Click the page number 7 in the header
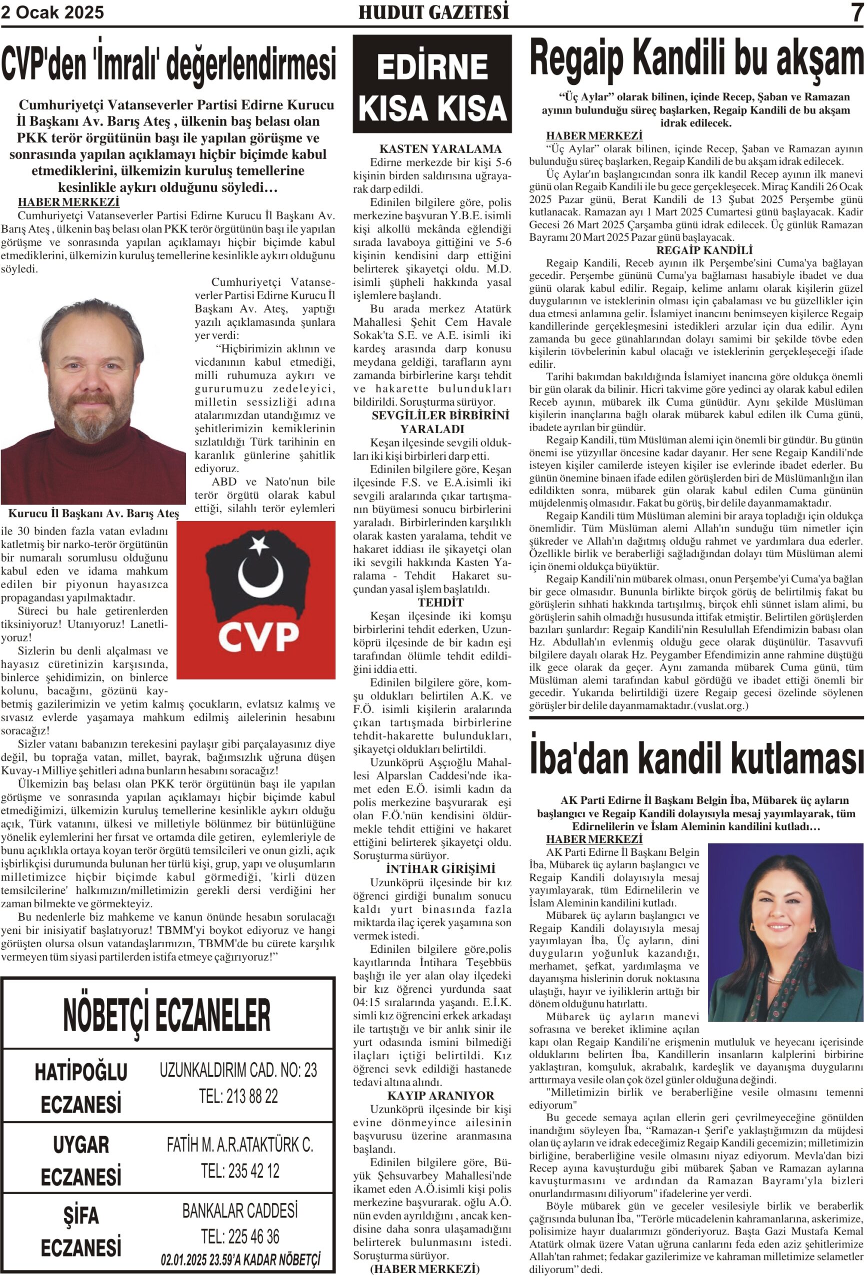click(856, 12)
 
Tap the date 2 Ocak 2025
click(52, 12)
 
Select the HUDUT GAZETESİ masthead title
click(433, 12)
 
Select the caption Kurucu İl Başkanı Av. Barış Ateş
click(93, 514)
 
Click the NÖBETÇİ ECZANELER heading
click(167, 1016)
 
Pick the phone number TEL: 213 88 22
click(238, 1096)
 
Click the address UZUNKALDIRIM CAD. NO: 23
click(238, 1070)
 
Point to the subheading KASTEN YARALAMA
click(440, 148)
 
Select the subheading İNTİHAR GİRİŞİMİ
click(440, 868)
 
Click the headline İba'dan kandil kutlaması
click(696, 758)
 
